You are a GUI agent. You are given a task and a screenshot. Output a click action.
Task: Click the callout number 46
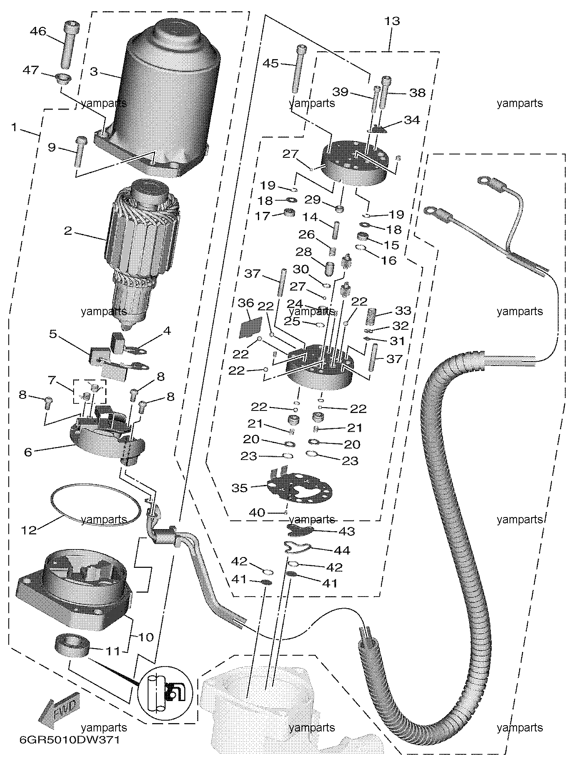coord(38,31)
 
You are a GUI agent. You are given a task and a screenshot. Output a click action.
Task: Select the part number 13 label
coord(392,21)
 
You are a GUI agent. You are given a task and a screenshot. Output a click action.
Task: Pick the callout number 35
coord(240,487)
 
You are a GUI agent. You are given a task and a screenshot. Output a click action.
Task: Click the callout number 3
coord(94,72)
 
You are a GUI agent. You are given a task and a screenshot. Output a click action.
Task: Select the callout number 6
coord(28,452)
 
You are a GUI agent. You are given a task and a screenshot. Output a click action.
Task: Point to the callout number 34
coord(412,120)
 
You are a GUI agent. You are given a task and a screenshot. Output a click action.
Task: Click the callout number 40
coord(257,512)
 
